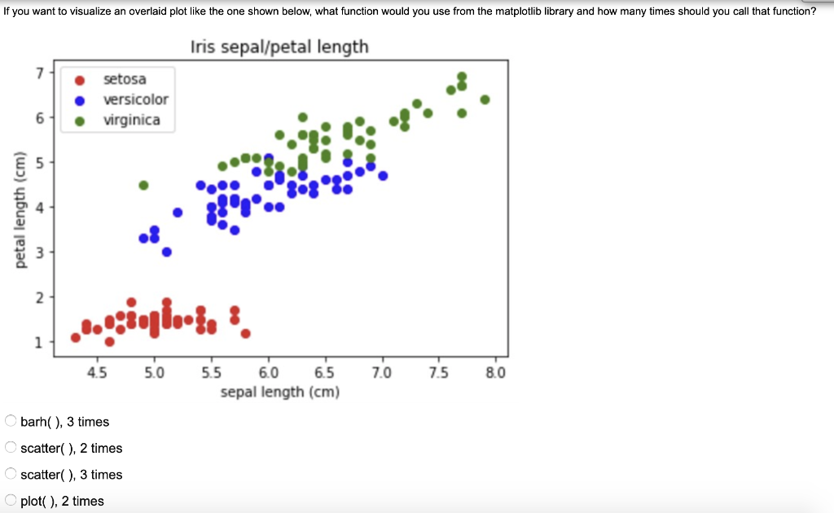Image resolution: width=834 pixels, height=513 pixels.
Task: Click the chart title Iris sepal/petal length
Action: click(279, 47)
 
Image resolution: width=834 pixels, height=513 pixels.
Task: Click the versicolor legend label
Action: click(135, 99)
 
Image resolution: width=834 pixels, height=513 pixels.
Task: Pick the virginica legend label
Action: click(131, 121)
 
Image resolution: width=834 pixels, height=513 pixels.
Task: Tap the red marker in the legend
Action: click(80, 80)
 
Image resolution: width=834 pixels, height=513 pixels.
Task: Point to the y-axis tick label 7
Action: click(38, 72)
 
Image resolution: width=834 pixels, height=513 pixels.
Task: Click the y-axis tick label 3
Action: click(38, 252)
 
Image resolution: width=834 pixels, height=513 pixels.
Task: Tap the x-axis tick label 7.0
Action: click(381, 374)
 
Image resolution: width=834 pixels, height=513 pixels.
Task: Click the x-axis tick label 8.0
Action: click(495, 374)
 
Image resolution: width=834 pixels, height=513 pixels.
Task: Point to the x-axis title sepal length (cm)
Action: click(279, 392)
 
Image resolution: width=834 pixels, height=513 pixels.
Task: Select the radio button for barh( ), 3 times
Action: click(10, 422)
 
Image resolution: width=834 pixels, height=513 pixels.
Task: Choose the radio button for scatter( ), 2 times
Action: click(10, 448)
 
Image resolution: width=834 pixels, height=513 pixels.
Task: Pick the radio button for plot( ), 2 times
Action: click(10, 501)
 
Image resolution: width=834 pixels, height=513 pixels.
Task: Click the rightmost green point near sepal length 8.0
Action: click(485, 99)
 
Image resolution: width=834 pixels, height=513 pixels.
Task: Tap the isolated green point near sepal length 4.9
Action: click(143, 185)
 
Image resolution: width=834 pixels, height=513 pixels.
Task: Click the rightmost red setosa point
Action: click(245, 332)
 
